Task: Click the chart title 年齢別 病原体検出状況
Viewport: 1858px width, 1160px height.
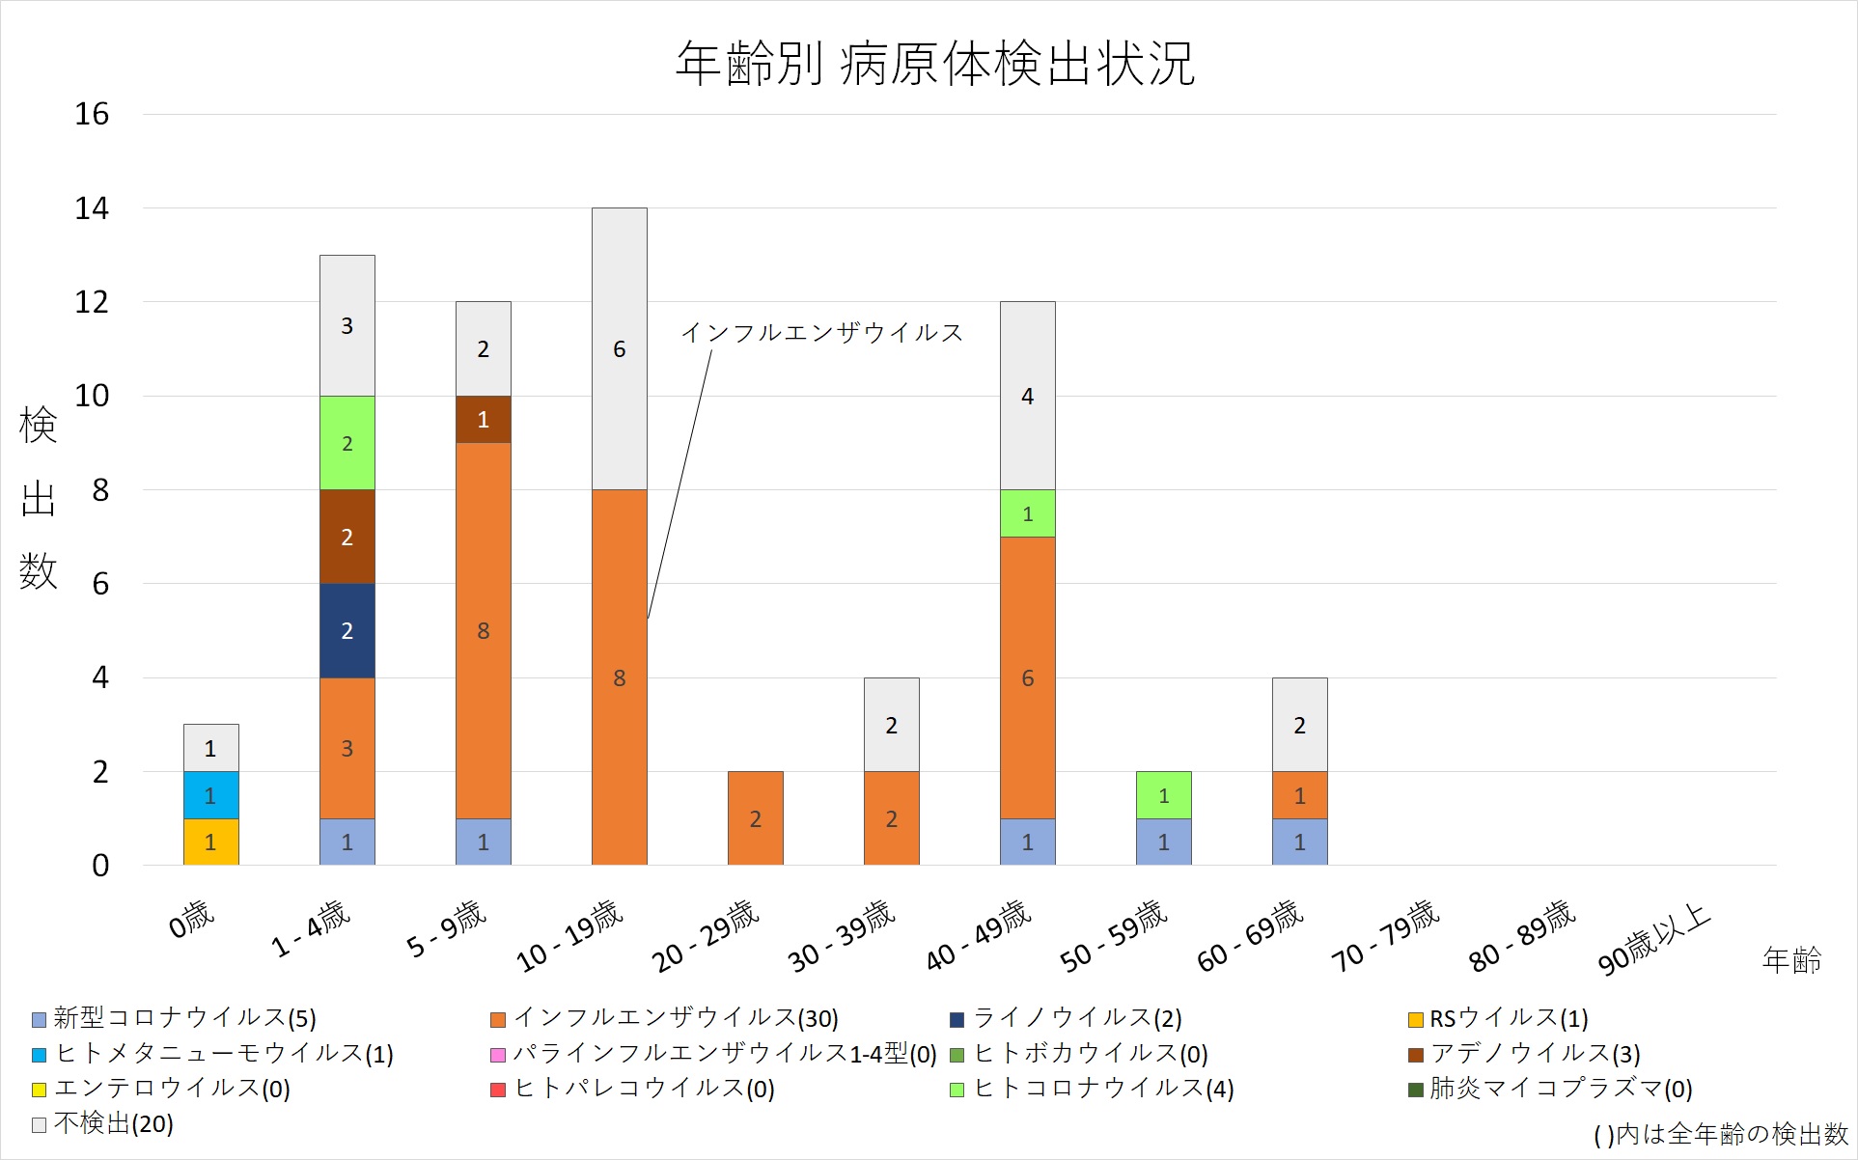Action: (934, 64)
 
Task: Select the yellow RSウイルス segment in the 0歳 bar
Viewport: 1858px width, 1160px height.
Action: (210, 842)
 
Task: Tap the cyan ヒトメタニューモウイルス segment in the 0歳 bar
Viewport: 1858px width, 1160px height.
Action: (210, 795)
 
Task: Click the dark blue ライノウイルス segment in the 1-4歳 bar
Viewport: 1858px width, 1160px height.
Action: (347, 630)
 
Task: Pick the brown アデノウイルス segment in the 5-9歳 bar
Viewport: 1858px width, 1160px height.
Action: (483, 420)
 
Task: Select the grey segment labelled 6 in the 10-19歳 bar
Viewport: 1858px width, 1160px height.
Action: (619, 348)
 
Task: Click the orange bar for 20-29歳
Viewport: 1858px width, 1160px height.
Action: (755, 818)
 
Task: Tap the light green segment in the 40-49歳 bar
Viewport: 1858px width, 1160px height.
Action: (1027, 513)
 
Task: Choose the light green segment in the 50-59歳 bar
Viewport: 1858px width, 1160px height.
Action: (1163, 795)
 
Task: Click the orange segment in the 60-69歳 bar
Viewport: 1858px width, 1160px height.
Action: (1299, 795)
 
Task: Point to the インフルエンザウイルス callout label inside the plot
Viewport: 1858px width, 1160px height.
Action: (821, 333)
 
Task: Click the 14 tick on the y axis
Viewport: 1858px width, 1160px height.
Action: (92, 208)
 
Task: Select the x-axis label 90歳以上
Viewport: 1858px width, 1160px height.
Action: (1653, 938)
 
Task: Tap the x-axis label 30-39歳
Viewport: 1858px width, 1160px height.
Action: (842, 935)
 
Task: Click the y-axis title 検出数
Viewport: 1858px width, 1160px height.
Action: (39, 498)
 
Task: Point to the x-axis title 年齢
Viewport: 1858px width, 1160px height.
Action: (1791, 959)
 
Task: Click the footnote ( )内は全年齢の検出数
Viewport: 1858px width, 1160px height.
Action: (1720, 1135)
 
